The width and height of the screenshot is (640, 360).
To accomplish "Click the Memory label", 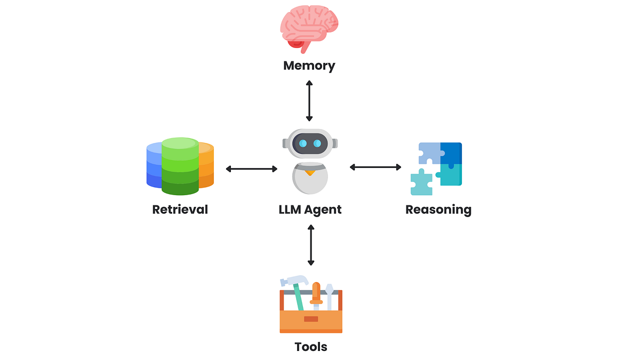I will (x=309, y=66).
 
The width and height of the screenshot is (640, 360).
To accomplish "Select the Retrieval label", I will (x=180, y=209).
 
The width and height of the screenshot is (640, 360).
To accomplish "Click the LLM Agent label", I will (x=310, y=209).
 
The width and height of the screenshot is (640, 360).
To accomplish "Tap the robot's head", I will (x=310, y=143).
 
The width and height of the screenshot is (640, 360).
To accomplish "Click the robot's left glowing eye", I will (x=303, y=143).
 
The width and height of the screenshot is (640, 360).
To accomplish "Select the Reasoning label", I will (x=438, y=209).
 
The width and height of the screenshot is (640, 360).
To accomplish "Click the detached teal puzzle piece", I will (x=421, y=182).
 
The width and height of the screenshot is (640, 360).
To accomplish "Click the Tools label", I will (x=311, y=347).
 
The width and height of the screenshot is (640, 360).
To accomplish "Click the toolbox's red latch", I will (x=311, y=319).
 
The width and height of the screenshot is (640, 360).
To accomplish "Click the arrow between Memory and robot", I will (x=309, y=101).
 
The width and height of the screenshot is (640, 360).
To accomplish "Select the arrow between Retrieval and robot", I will (x=252, y=169).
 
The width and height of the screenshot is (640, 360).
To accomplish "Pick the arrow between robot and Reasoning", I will (x=375, y=167).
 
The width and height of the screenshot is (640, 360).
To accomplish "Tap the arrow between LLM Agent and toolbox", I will (x=311, y=245).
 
